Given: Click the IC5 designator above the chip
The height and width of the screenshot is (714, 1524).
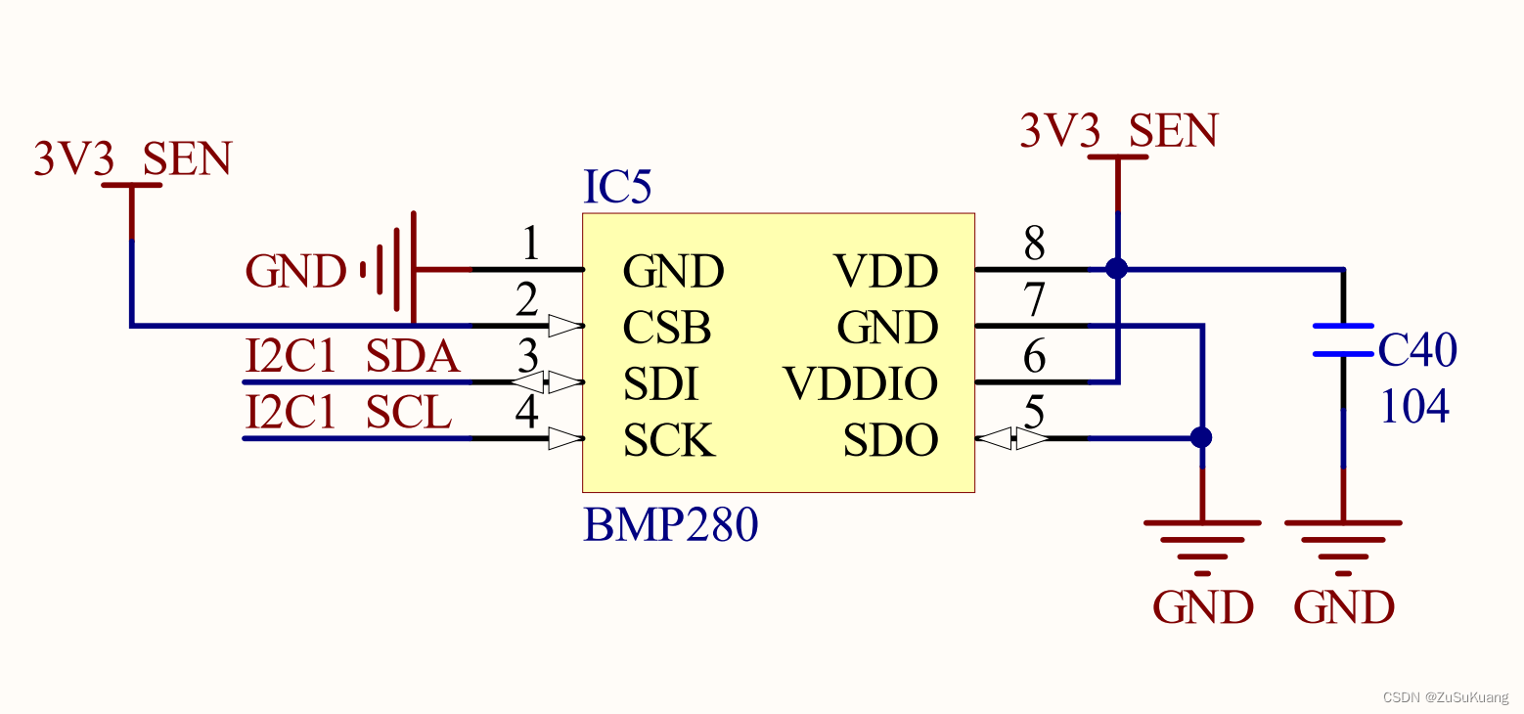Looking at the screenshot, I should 616,188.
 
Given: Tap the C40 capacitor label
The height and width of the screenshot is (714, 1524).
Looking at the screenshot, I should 1417,349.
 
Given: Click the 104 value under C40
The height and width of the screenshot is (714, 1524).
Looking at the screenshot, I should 1414,406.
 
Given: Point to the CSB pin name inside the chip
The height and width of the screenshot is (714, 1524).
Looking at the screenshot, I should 667,328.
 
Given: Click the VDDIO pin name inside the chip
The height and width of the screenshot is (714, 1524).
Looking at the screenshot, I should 861,384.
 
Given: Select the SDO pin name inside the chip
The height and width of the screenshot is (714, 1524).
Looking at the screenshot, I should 890,441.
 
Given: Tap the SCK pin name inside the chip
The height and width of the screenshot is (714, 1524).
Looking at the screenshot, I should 669,441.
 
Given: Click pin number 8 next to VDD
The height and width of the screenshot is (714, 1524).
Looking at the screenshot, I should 1034,244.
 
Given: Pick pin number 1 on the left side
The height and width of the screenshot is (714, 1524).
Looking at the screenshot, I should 529,244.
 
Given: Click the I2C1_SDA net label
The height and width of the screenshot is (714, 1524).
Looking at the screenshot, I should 352,358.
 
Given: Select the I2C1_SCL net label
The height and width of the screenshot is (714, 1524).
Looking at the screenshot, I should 348,414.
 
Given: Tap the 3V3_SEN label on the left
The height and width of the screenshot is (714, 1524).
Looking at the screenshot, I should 132,158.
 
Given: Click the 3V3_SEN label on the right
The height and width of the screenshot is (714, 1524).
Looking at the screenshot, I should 1118,130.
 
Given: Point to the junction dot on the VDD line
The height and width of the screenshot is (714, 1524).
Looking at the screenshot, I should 1116,268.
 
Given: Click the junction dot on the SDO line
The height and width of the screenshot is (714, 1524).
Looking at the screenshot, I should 1202,437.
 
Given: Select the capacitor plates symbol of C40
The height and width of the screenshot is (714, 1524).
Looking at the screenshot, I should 1343,339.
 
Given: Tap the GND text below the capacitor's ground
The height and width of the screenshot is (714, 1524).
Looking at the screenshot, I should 1343,607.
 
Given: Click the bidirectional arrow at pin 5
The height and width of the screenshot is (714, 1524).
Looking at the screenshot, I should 1012,439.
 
